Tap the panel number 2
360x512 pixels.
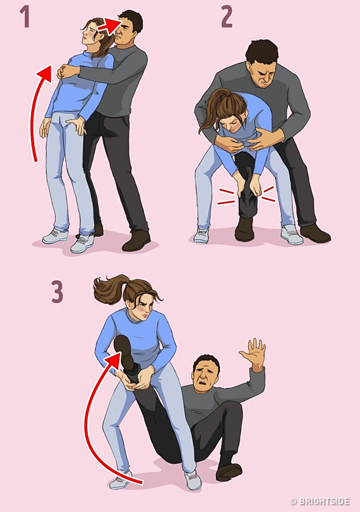pos(226,17)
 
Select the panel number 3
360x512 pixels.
pos(57,292)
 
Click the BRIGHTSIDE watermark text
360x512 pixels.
pos(320,502)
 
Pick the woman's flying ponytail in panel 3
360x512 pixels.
pos(111,289)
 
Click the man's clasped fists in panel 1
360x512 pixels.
pos(67,70)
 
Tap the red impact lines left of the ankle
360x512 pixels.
pos(227,196)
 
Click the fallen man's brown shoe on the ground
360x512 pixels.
pos(229,471)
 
